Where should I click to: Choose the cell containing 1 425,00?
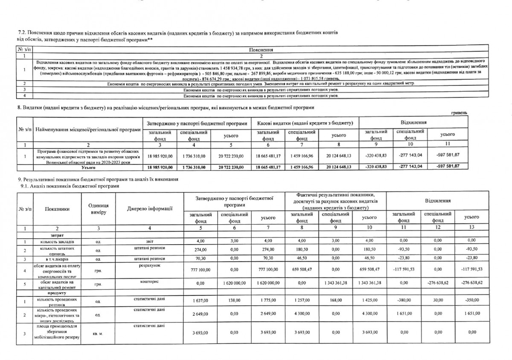pos(368,301)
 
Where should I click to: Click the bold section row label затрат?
pos(58,235)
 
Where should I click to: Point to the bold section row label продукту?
pos(58,294)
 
